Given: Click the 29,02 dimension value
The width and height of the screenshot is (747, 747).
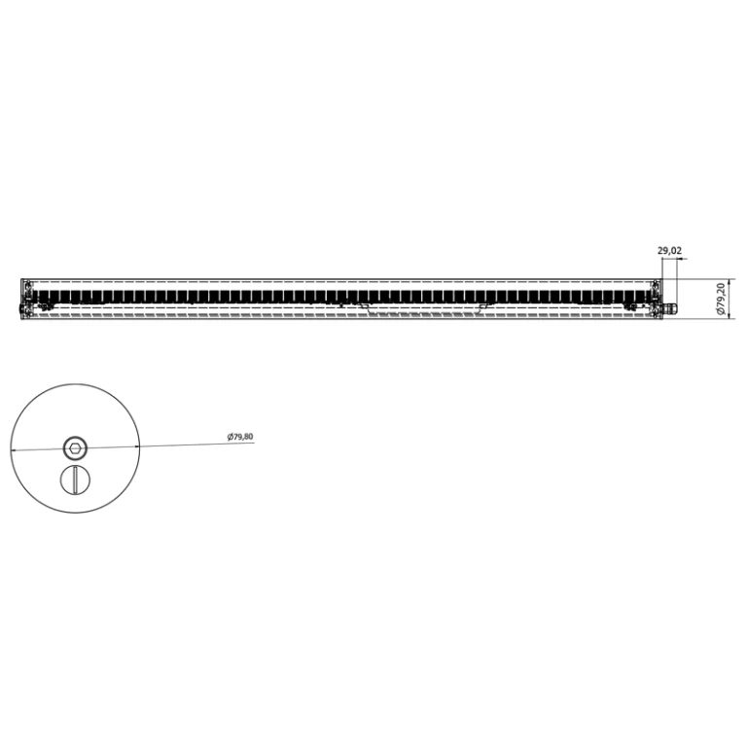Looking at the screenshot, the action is [669, 251].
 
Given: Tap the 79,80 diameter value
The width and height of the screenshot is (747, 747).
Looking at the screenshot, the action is [243, 436].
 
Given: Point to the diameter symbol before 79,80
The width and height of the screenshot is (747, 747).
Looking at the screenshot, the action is [230, 437].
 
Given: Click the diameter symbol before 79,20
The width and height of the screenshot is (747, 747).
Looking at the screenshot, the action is [721, 311].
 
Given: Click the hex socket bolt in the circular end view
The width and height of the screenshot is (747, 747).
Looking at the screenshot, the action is [75, 447].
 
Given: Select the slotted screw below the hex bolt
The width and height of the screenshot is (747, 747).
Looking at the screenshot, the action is [75, 480].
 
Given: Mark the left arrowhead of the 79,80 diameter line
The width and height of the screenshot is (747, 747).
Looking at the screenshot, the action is [14, 449].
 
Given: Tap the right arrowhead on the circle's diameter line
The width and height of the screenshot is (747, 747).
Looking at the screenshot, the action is [137, 446].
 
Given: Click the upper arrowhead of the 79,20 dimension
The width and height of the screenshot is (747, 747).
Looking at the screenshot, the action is [729, 281].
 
